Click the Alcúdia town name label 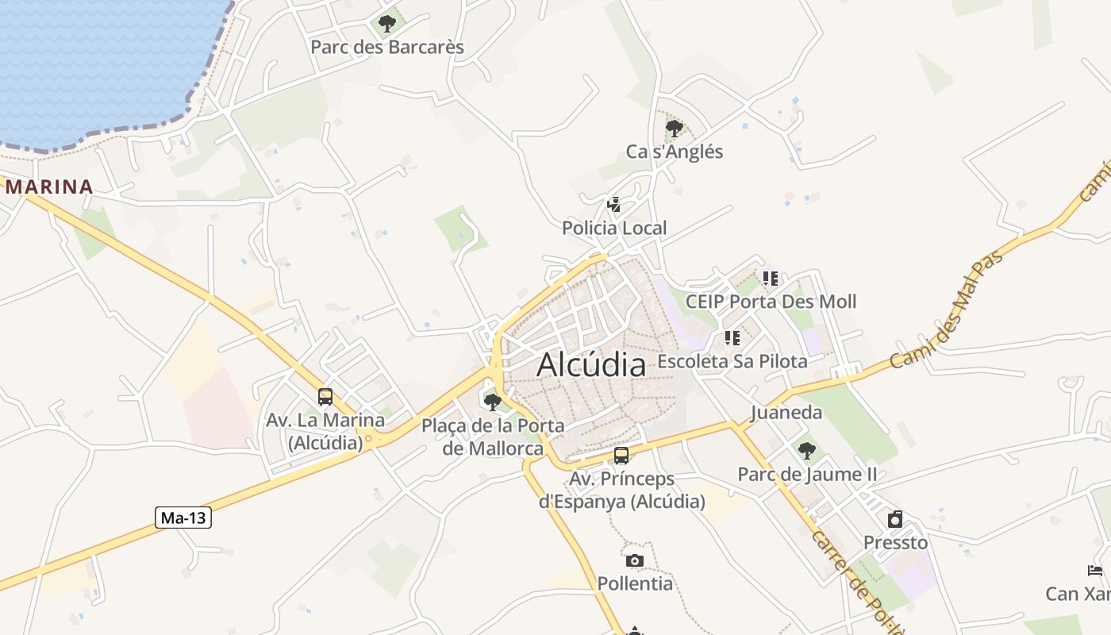591,365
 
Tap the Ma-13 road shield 183,518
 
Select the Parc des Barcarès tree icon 387,24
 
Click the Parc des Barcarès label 387,47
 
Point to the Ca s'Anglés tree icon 675,128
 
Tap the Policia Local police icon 613,205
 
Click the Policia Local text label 614,229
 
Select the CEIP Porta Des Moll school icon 770,279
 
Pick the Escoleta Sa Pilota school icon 732,338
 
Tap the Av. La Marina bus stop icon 325,396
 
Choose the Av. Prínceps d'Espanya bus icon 621,456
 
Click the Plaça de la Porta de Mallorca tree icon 493,402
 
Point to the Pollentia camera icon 634,561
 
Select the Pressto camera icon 895,519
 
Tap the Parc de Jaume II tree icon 807,451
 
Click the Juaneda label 786,413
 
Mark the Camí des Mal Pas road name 946,310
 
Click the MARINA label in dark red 49,187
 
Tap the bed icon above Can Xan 1095,570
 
